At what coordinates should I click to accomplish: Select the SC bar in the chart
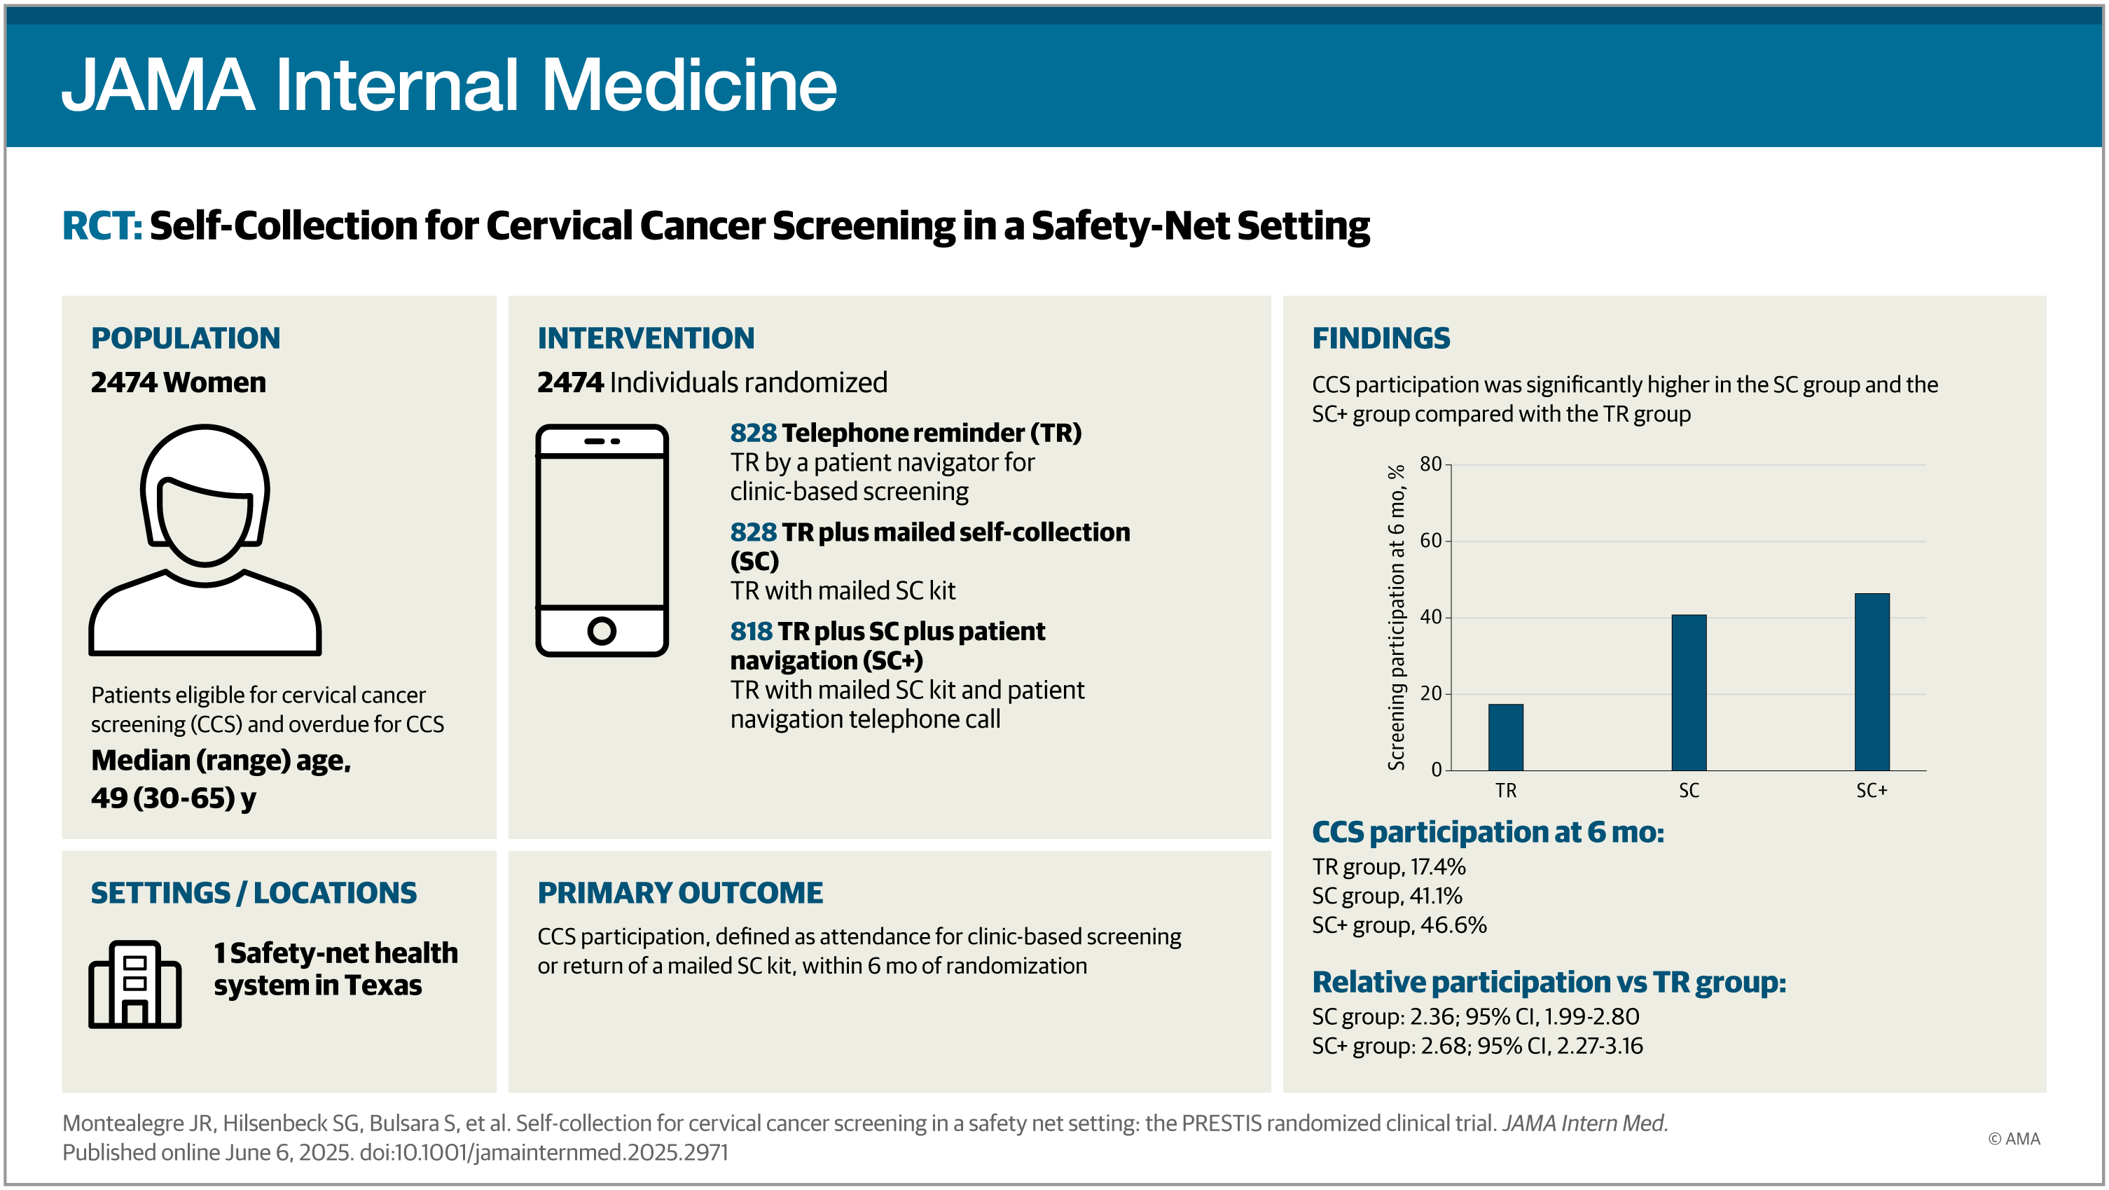point(1688,693)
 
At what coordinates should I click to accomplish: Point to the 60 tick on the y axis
point(1430,540)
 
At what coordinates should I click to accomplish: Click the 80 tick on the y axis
point(1430,464)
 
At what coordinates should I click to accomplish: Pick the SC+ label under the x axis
point(1872,791)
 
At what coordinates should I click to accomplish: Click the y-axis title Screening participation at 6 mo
point(1396,617)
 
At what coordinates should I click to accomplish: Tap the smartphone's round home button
point(601,631)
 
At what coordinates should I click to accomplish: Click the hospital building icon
point(134,984)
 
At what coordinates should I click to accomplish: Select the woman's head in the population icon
point(205,495)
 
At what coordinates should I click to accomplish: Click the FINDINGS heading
point(1381,338)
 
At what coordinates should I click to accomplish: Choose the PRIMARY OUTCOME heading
point(679,893)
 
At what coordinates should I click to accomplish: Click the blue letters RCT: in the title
point(102,226)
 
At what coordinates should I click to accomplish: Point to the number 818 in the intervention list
point(750,631)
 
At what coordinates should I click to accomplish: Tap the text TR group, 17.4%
point(1388,866)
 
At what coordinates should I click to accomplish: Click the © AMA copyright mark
point(2013,1138)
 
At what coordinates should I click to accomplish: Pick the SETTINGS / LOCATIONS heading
point(254,893)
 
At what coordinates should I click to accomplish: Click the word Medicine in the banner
point(689,85)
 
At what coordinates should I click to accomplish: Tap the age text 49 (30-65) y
point(174,798)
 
